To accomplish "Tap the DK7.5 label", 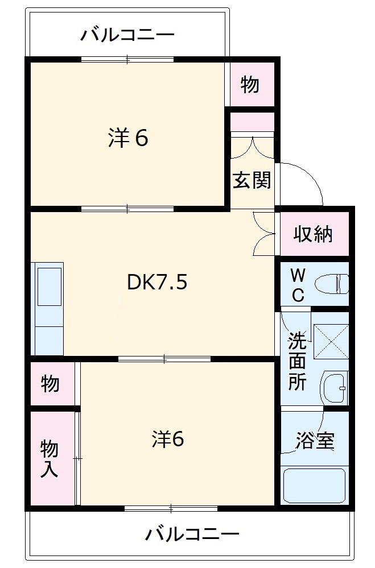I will (x=157, y=282).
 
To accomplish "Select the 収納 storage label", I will (x=313, y=234).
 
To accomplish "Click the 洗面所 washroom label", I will (x=296, y=361).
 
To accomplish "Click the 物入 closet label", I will (x=50, y=459).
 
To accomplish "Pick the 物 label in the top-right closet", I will (x=250, y=85).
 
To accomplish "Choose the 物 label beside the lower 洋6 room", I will (x=50, y=384).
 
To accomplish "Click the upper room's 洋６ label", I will (x=128, y=138).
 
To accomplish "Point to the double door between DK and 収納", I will (x=263, y=233).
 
